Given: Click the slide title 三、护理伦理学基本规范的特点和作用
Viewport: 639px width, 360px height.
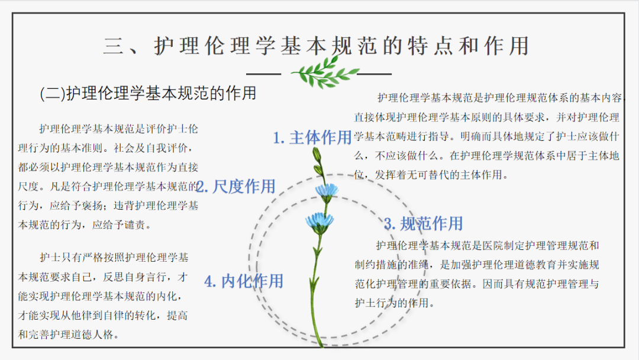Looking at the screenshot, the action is (316, 45).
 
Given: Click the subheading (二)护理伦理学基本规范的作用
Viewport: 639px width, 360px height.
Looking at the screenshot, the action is (148, 94).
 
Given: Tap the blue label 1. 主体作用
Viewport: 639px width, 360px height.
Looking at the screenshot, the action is (312, 137).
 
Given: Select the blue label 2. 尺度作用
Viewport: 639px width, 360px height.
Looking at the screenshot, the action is (236, 187).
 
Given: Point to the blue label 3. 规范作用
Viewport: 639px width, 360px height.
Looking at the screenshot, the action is (424, 223).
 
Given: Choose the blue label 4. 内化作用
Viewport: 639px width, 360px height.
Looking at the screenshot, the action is (244, 281).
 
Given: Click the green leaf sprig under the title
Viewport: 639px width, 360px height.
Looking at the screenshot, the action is (325, 72).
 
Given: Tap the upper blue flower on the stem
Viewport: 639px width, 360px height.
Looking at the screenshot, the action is (327, 192).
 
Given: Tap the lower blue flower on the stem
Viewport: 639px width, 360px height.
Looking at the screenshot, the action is (320, 223).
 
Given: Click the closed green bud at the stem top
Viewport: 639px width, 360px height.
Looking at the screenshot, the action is (317, 155).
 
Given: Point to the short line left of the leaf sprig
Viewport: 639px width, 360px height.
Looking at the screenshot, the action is (264, 74).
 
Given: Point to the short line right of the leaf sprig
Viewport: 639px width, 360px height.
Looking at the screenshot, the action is (374, 74).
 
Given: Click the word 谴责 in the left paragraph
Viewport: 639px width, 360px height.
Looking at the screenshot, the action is (134, 224).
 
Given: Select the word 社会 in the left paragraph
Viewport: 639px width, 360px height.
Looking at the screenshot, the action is (124, 148).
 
